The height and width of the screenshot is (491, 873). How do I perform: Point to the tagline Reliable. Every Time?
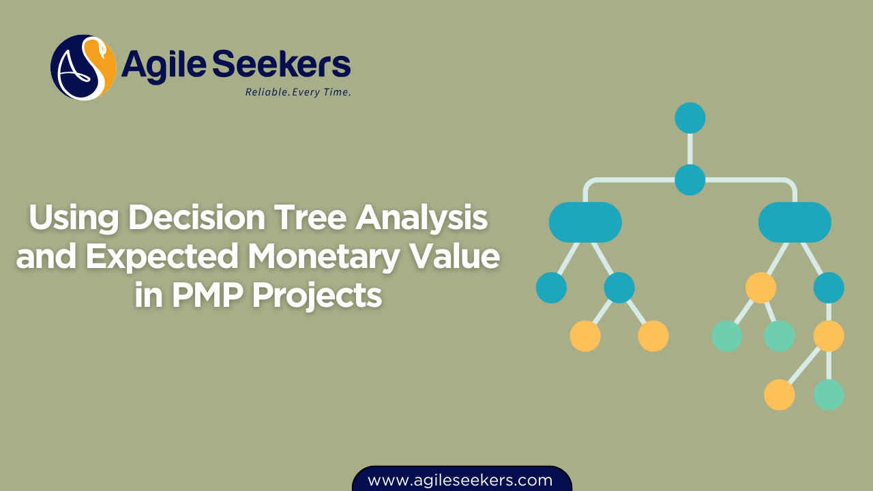pos(298,92)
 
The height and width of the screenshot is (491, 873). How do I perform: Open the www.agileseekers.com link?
pos(460,480)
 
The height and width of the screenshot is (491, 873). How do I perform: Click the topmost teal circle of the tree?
pos(690,118)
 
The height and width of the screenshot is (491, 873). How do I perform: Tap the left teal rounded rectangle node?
pos(585,222)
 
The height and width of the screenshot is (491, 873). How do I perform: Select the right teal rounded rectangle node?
pos(795,222)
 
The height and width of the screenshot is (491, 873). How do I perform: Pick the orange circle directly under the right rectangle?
pos(760,288)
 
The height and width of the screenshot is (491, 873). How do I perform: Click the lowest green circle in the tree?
pos(829,395)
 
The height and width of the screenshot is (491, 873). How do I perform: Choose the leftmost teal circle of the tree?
pos(551,288)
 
